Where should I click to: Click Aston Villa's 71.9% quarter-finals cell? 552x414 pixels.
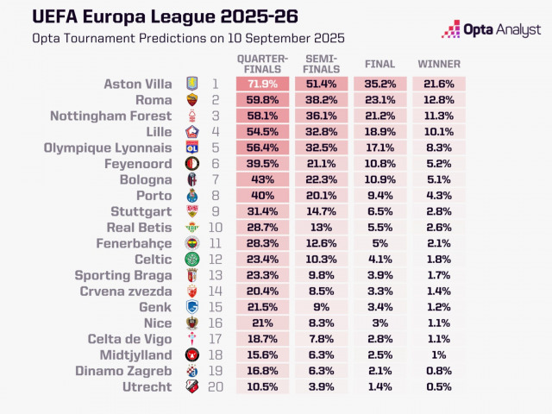(x=264, y=84)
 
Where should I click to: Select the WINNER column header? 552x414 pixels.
(x=439, y=64)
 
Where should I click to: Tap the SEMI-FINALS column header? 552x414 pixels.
(x=321, y=63)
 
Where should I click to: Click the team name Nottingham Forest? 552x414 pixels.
(x=111, y=116)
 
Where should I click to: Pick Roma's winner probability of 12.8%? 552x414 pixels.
(x=439, y=100)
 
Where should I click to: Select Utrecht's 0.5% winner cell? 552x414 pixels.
(x=439, y=386)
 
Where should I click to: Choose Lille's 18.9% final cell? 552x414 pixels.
(x=380, y=132)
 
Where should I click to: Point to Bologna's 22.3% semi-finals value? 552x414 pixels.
(x=322, y=179)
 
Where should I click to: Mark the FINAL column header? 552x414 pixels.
(x=380, y=64)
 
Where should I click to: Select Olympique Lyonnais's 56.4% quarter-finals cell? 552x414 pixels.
(x=264, y=147)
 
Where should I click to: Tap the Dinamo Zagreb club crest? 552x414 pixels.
(x=191, y=371)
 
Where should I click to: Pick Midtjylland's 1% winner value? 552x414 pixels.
(x=439, y=354)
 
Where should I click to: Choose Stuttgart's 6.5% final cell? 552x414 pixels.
(x=380, y=211)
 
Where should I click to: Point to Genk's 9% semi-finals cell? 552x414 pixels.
(x=322, y=307)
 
